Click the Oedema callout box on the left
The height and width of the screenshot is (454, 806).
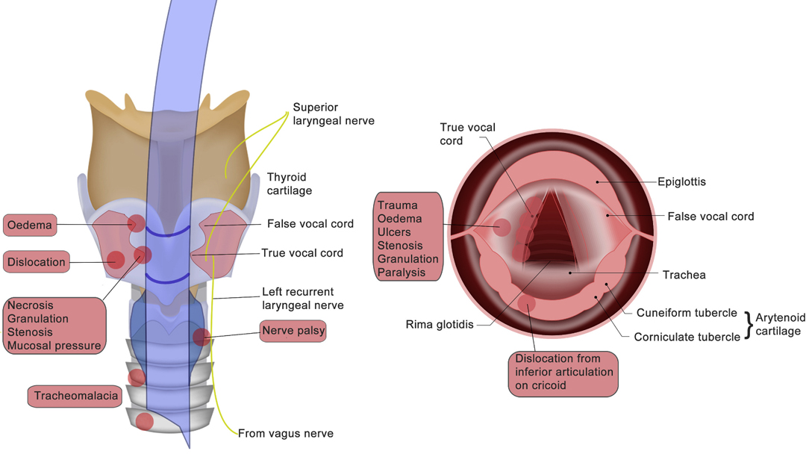click(30, 226)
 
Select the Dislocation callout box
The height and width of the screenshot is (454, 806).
click(37, 261)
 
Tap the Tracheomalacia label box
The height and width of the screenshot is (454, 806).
click(75, 396)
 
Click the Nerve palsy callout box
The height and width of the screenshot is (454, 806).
click(293, 331)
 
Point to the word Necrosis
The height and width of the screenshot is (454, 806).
click(31, 305)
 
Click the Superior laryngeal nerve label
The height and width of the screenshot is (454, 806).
click(334, 113)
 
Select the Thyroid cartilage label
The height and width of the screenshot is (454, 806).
click(290, 184)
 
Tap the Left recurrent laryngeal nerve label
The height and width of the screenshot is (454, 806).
click(303, 298)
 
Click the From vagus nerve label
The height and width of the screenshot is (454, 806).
click(285, 433)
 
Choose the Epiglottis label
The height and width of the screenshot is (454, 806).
click(681, 181)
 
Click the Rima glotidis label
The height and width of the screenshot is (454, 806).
click(440, 324)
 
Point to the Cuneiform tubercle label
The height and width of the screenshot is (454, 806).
click(687, 313)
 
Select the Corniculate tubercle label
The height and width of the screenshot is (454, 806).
click(687, 337)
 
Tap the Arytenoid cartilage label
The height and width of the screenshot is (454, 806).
click(780, 324)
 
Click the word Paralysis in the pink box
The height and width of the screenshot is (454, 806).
click(402, 273)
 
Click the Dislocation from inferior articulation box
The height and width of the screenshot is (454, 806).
click(563, 374)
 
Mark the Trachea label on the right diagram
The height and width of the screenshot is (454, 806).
click(684, 275)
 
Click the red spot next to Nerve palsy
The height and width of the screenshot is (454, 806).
click(201, 338)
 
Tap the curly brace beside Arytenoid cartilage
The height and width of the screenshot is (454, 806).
click(749, 324)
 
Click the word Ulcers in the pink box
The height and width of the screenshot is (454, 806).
click(394, 232)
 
